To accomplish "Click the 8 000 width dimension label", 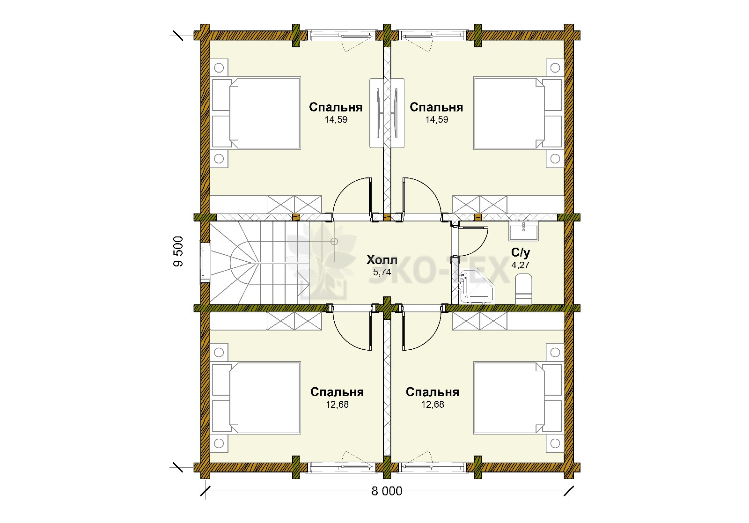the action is coord(387,491).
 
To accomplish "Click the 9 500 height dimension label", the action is coord(178,251).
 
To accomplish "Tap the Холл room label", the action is coord(382,260).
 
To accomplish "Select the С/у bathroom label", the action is coord(521,253).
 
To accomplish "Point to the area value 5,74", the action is coord(382,272).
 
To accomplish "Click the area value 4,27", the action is coord(520,265).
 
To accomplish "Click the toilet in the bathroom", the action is coord(524,289).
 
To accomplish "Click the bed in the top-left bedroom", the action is coord(256,113).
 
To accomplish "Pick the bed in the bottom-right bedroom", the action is coord(518,398).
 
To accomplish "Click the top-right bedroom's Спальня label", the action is coord(436,107).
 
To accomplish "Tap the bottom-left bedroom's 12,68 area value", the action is coord(338,405).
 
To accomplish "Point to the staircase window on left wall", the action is coord(205,262).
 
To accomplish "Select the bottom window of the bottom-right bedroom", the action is coord(433,467).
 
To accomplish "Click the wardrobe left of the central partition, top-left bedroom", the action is coord(376,113).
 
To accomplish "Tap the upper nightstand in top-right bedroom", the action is coord(555,68).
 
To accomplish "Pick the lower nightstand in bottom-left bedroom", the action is coord(219,443).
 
